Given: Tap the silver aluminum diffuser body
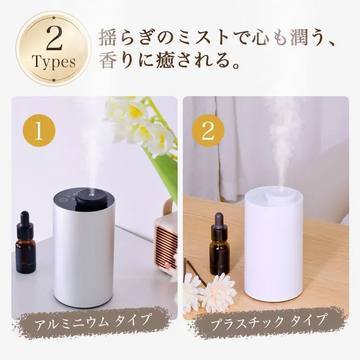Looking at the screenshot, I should click(83, 256).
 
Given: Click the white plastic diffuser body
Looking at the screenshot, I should click(273, 251).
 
